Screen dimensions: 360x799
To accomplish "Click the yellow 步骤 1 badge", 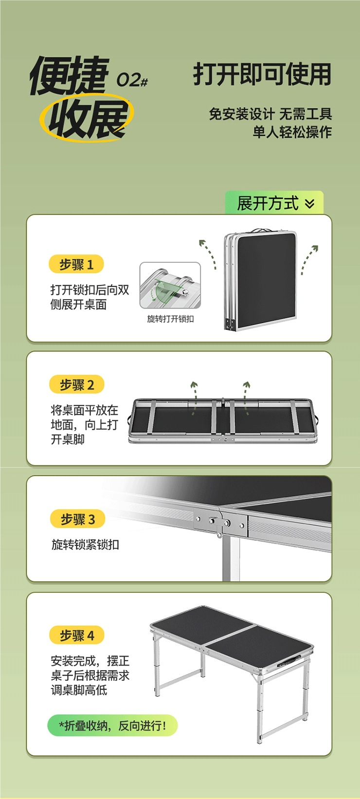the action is (x=76, y=264).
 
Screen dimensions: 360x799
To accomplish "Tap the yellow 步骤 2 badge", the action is (x=77, y=385).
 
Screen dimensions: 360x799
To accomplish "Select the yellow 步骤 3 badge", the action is (x=77, y=519).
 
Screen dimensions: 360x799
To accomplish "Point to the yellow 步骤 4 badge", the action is (x=77, y=635).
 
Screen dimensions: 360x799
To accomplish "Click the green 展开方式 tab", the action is (x=274, y=203).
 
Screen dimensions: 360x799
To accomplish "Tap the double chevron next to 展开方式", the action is (x=310, y=203).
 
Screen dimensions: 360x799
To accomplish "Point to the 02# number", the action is (x=132, y=80).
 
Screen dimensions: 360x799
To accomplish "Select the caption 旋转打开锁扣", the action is (x=170, y=319).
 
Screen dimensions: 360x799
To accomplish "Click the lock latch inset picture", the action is (x=170, y=286).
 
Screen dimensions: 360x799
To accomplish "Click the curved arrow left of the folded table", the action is (x=208, y=254).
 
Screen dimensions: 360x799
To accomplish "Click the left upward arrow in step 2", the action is (x=194, y=397).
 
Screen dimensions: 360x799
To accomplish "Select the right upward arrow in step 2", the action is (x=246, y=397).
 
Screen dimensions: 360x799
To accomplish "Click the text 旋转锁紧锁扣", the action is (x=85, y=545).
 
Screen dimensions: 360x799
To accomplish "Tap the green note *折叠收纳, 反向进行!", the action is (x=112, y=726).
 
